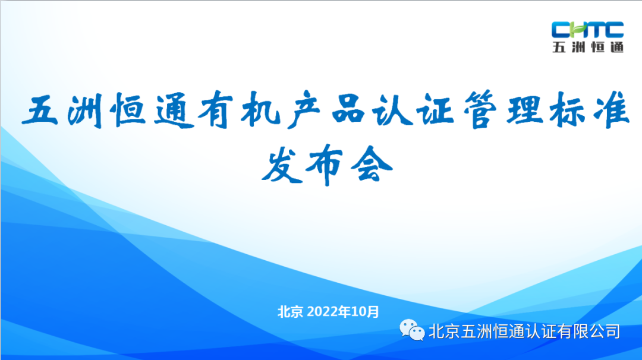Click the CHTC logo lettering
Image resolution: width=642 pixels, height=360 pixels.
[x=587, y=30]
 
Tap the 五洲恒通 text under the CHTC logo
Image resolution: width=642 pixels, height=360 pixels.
[x=587, y=48]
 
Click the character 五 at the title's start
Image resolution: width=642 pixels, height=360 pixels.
[x=40, y=112]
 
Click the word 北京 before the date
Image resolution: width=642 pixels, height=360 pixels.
[x=291, y=311]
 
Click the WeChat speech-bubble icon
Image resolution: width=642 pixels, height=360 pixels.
[x=412, y=329]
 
